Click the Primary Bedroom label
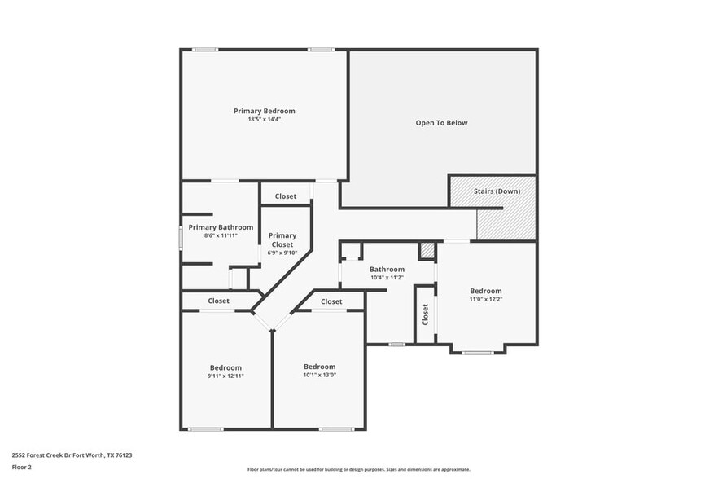[x=264, y=111]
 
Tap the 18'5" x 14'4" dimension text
[x=264, y=119]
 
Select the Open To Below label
[x=441, y=123]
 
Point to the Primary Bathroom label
[x=221, y=227]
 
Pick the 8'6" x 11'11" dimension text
[x=221, y=235]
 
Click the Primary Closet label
[x=282, y=239]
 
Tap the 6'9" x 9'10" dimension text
[x=282, y=253]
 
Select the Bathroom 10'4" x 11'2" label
[x=387, y=269]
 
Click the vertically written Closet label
[x=425, y=314]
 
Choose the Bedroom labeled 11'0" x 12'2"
[x=485, y=291]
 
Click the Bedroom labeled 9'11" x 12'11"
[x=225, y=367]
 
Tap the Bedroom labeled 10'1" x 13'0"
[x=319, y=367]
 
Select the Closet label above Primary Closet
[x=285, y=196]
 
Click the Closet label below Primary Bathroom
[x=218, y=301]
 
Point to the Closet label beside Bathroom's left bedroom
[x=331, y=301]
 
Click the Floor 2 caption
[x=21, y=467]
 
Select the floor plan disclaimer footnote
[x=358, y=470]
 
